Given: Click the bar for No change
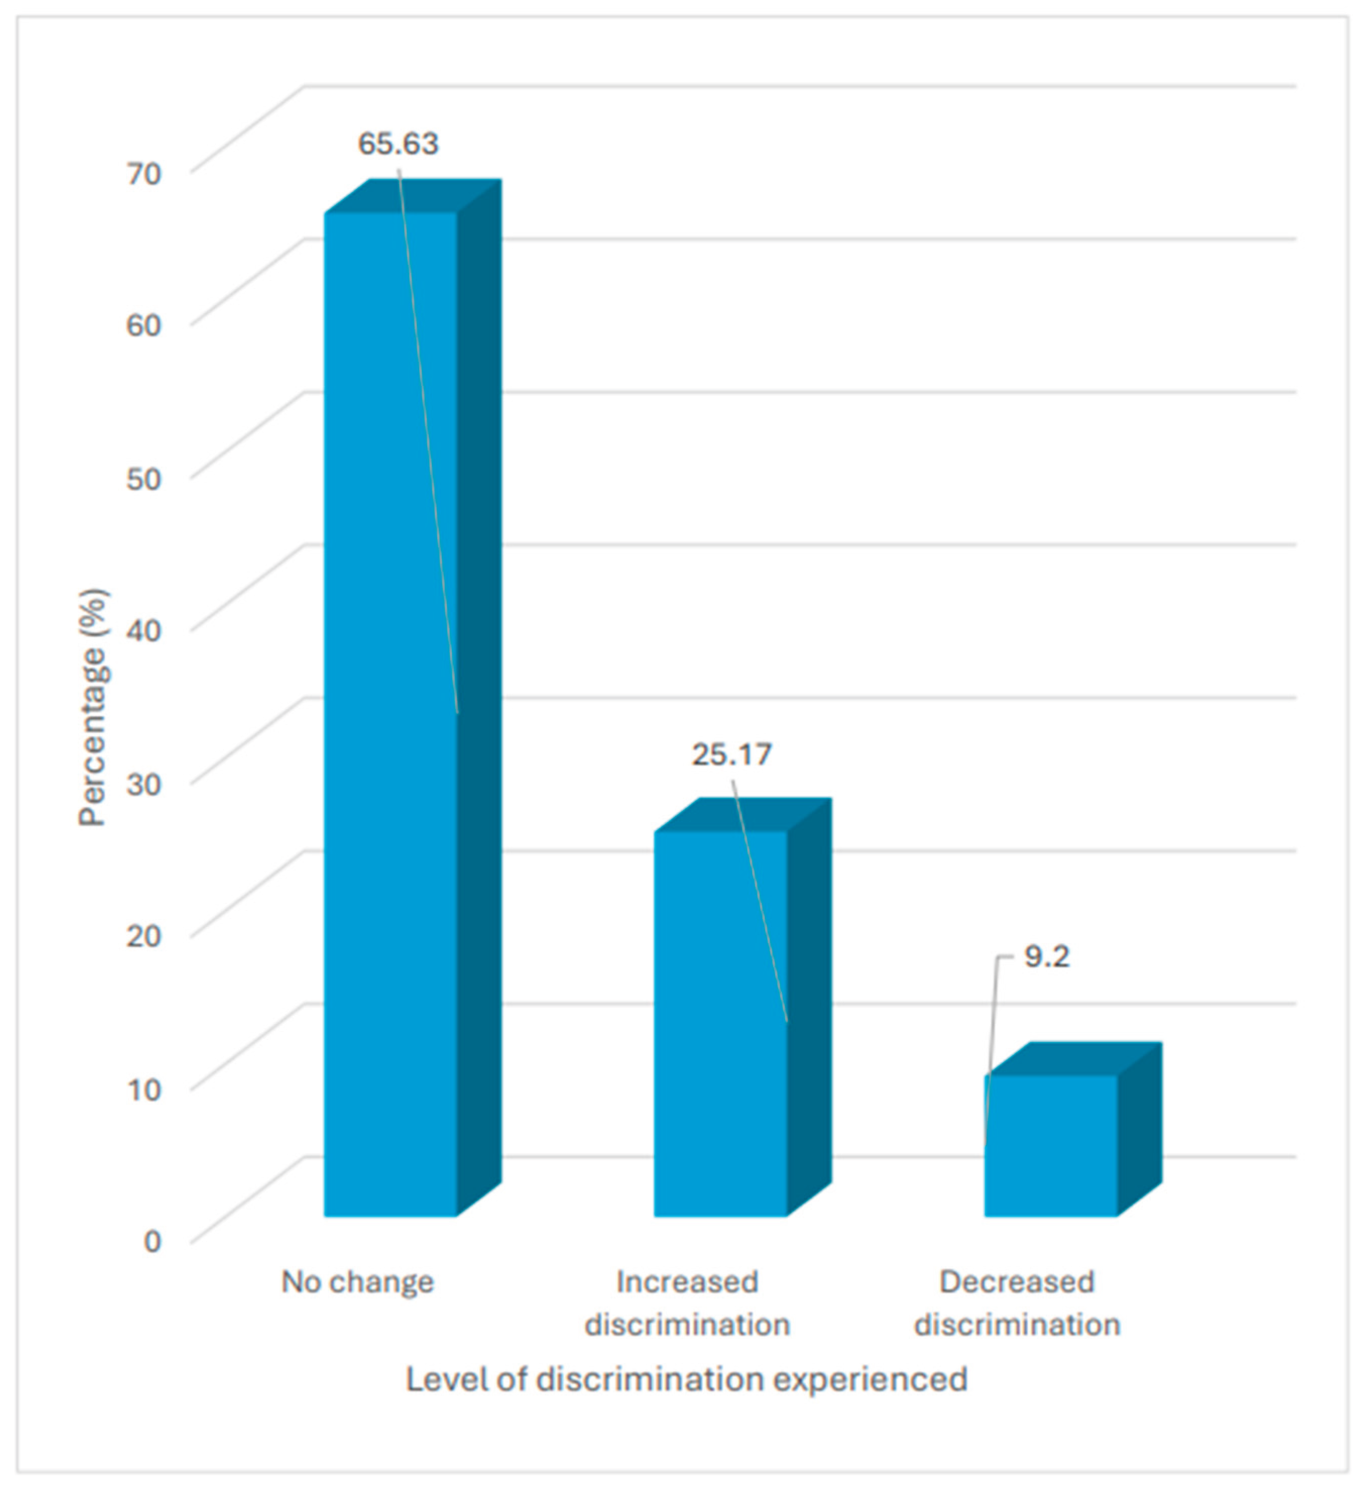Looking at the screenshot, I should coord(390,711).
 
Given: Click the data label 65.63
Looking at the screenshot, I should coord(399,144).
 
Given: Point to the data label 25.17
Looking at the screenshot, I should coord(732,755).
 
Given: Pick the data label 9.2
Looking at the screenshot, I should coord(1046,957).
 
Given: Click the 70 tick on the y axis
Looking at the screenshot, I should coord(144,174).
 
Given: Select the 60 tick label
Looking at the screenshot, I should coord(144,325).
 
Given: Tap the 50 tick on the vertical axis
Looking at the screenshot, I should coord(144,478).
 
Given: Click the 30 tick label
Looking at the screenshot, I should coord(144,783).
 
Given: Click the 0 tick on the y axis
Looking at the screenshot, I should coord(152,1241).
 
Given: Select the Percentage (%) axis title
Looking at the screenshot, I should coord(94,708).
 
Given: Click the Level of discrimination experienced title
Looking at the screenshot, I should coord(687,1379).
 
